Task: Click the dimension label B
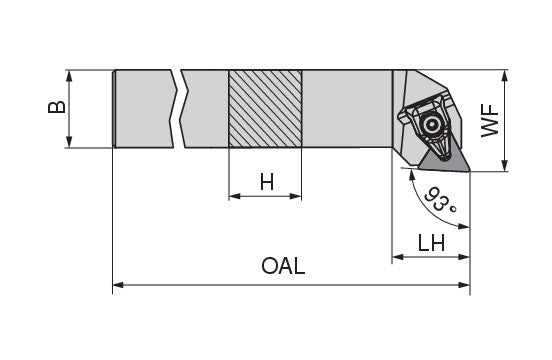coord(57,107)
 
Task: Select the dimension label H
coord(267,183)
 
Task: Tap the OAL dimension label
coord(283,266)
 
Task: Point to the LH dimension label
coord(431,242)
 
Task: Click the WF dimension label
coord(490,120)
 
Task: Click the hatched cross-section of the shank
coord(265,109)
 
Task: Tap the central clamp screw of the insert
coord(431,124)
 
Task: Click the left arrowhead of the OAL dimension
coord(118,285)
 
